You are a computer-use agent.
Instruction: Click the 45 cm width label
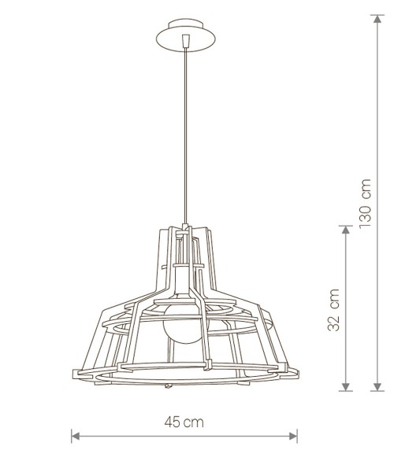click(184, 422)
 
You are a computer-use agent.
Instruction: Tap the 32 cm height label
click(333, 310)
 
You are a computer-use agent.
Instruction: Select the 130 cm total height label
click(365, 204)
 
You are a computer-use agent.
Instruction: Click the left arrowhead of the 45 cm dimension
click(76, 436)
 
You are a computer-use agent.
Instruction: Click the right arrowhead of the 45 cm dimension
click(293, 436)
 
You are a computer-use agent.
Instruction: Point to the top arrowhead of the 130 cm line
click(377, 19)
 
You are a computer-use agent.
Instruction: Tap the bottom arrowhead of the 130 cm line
click(377, 387)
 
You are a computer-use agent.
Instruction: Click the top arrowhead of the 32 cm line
click(346, 230)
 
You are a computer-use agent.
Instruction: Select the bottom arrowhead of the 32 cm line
click(346, 387)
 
